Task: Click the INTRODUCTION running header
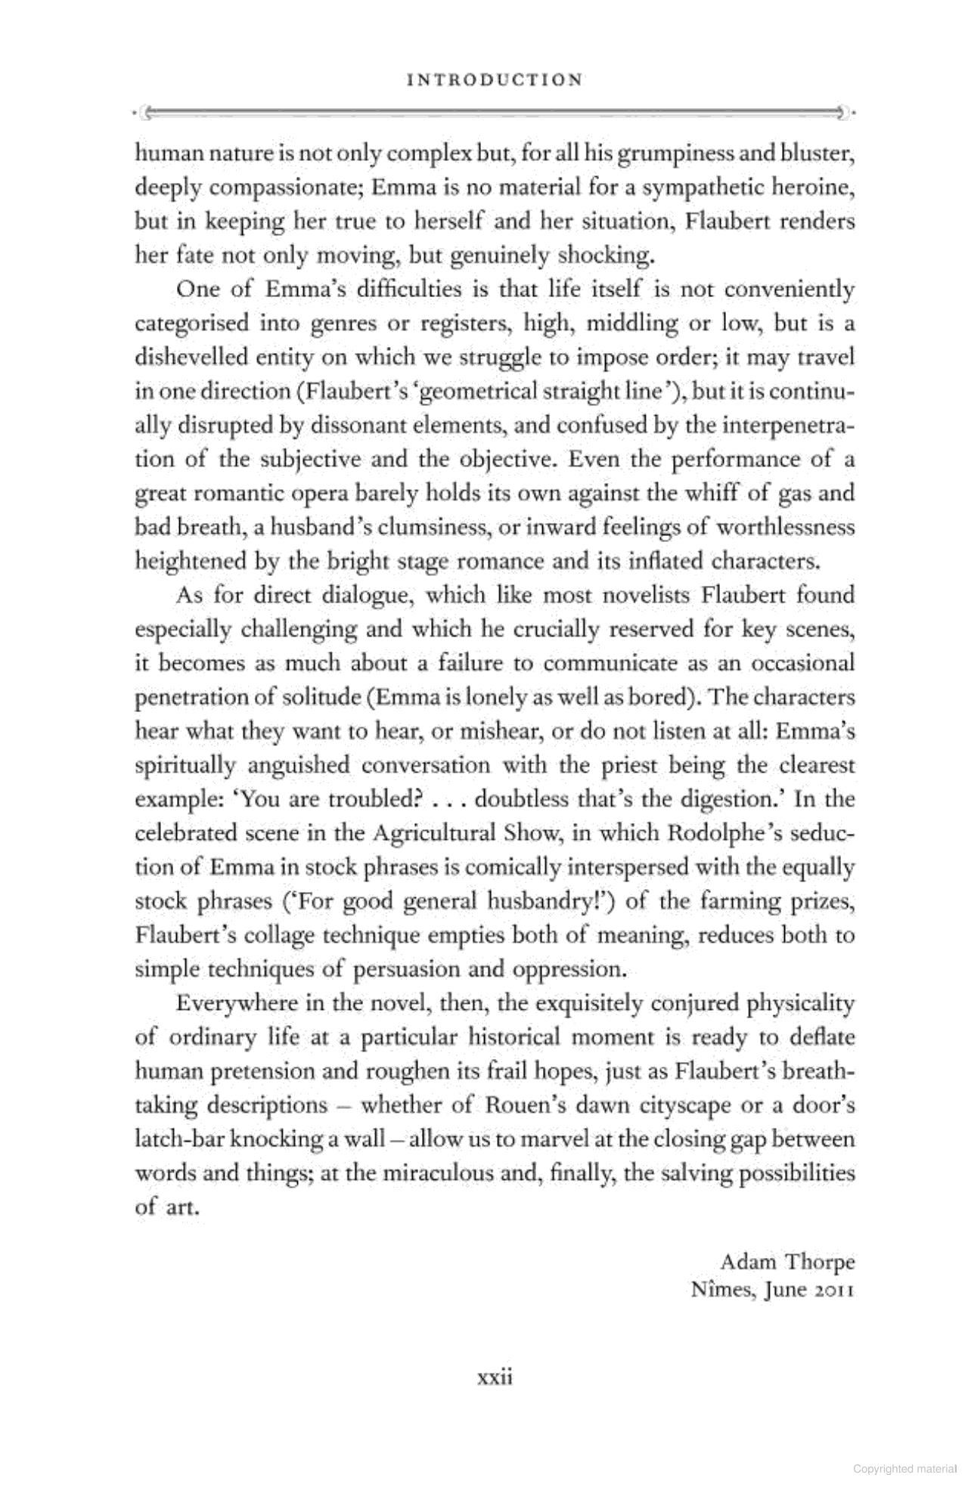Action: [495, 79]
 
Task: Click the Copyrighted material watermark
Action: [904, 1469]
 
